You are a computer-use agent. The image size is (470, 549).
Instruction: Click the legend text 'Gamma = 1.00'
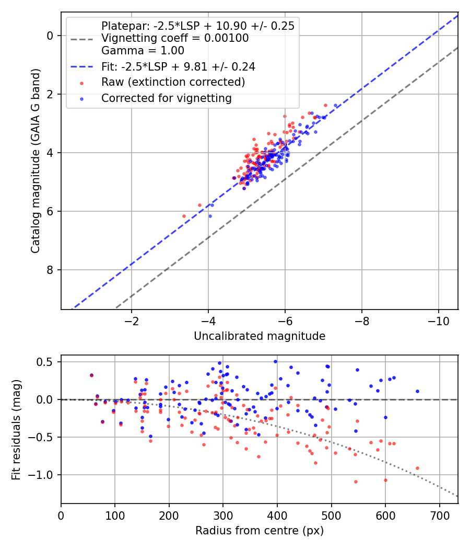[x=143, y=51]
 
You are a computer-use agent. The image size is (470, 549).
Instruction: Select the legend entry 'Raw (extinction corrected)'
[x=173, y=82]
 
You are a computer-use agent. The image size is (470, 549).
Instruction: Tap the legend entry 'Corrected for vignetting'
[x=167, y=98]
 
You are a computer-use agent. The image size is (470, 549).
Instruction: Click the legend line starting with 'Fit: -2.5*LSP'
[x=178, y=66]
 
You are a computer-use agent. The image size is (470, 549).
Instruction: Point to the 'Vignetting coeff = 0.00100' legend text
[x=175, y=38]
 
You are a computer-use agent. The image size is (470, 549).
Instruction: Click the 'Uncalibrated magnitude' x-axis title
[x=260, y=336]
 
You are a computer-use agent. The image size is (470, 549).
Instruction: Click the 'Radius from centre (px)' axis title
[x=260, y=531]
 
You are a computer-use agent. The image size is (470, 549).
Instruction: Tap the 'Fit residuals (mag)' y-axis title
[x=16, y=429]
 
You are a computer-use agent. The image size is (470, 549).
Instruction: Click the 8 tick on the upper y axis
[x=50, y=270]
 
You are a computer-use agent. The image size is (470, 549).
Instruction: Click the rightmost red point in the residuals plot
[x=417, y=468]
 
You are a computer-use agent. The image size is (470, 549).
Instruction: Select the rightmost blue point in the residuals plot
[x=417, y=391]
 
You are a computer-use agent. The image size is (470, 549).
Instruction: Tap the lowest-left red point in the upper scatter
[x=184, y=216]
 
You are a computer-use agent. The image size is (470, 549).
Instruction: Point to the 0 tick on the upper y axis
[x=50, y=36]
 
